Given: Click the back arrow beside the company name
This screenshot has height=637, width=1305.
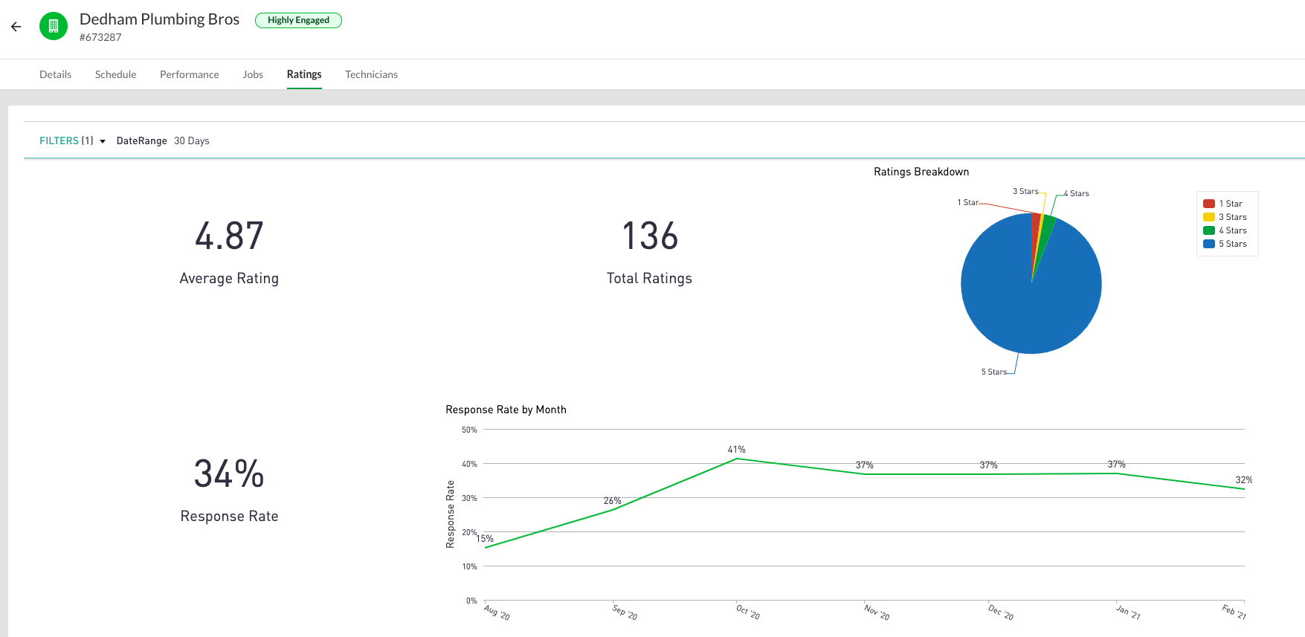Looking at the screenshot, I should [x=16, y=27].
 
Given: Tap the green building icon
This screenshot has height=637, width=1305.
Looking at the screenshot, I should [x=53, y=27].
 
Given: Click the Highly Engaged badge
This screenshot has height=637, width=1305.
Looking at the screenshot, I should [x=298, y=20].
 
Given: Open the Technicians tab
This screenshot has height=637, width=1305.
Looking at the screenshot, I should [x=371, y=74].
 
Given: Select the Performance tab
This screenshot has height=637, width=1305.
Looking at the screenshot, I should [x=189, y=74].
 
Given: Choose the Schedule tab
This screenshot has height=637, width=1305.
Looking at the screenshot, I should [x=115, y=74].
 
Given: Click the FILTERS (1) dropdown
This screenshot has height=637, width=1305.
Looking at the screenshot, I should [x=72, y=140].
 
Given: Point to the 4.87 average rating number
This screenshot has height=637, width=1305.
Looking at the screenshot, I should [x=229, y=236].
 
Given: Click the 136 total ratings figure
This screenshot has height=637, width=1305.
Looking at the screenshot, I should [x=649, y=236].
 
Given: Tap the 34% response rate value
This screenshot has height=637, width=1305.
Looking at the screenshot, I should [x=229, y=474].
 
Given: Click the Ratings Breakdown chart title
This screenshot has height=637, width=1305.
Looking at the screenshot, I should [x=921, y=172].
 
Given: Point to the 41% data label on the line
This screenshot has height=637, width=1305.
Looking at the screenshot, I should [x=736, y=450].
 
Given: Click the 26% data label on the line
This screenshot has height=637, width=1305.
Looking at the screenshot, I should [x=612, y=501].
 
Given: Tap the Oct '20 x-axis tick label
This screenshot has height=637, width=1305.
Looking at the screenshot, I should [x=747, y=612].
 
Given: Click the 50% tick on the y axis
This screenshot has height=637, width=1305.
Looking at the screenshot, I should [x=469, y=430].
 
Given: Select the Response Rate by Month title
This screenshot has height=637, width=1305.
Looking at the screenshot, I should [x=506, y=410].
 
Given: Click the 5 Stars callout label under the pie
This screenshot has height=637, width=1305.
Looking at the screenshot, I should [x=993, y=372].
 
